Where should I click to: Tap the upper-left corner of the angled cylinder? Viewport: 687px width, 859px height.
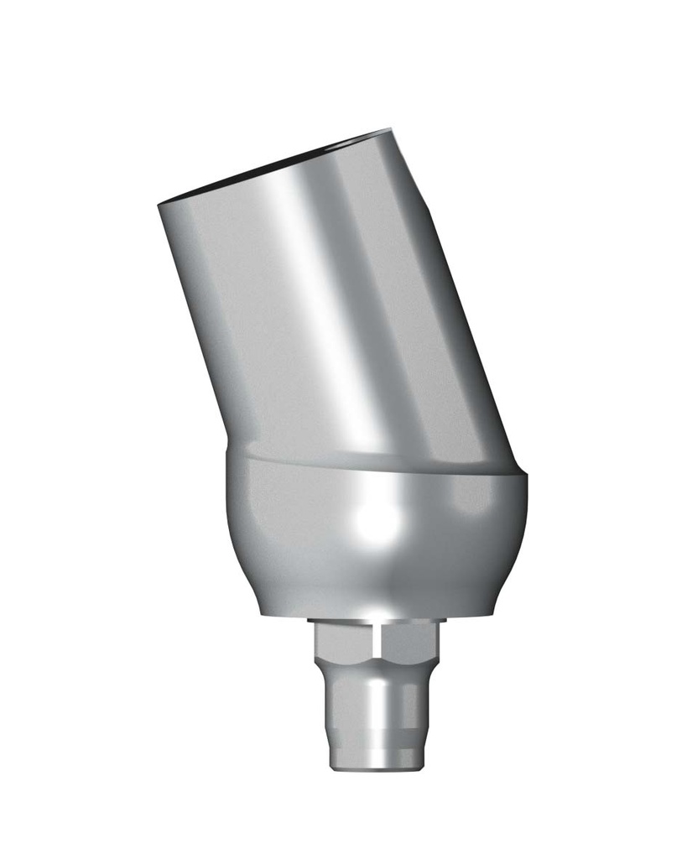[x=161, y=205]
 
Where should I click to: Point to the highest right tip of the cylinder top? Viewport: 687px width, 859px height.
[x=389, y=131]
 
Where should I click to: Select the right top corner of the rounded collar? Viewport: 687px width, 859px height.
[x=525, y=476]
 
